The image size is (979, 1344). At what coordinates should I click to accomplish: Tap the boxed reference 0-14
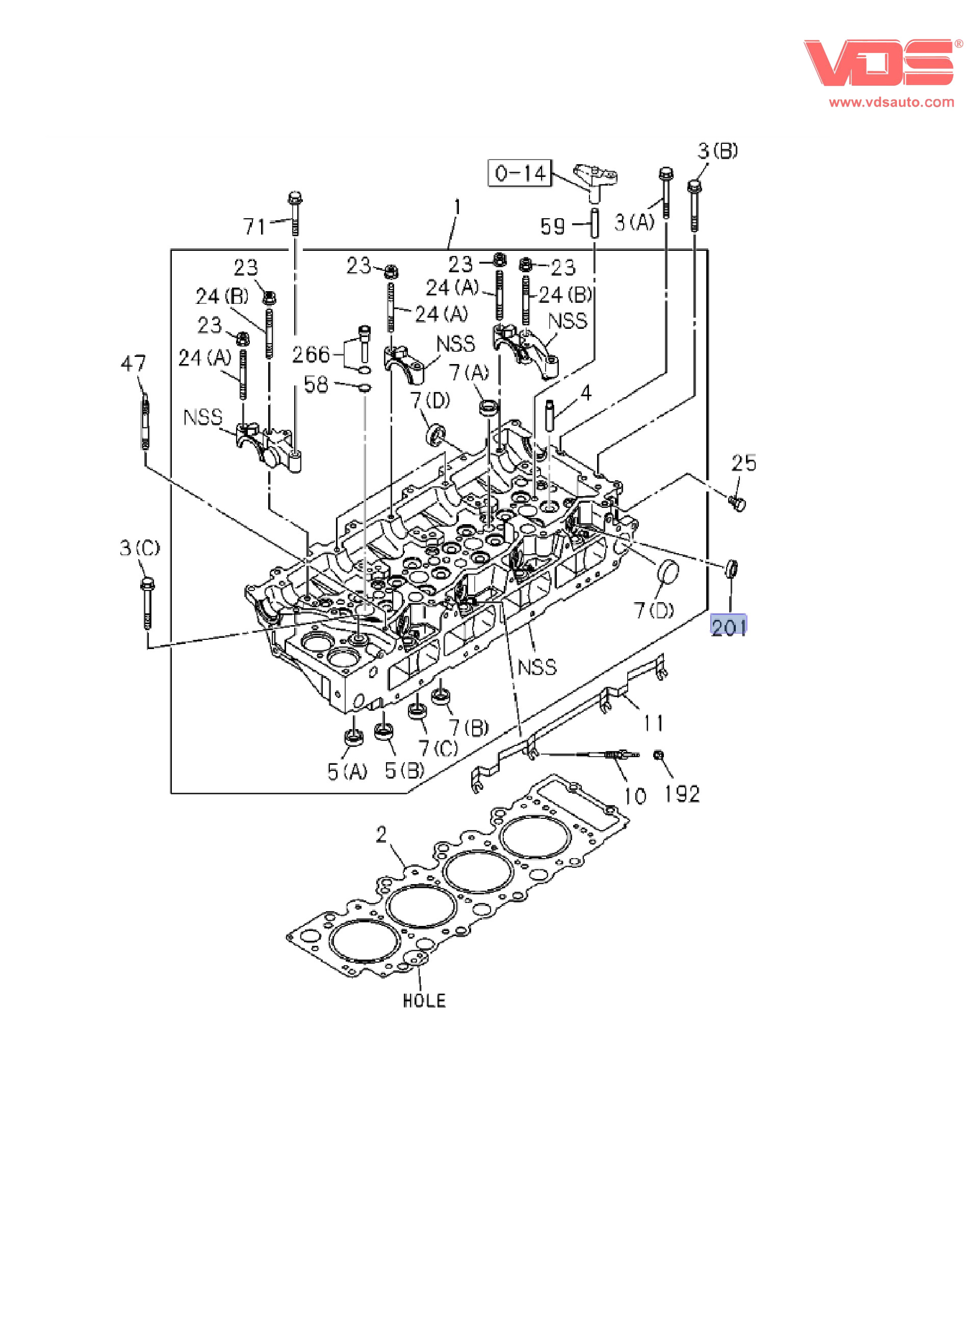pyautogui.click(x=520, y=173)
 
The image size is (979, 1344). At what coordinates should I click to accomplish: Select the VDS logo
pyautogui.click(x=879, y=63)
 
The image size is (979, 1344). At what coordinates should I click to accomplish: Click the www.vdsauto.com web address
pyautogui.click(x=891, y=102)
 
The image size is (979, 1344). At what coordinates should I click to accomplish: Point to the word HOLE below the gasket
pyautogui.click(x=424, y=1000)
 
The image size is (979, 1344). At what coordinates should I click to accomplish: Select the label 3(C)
pyautogui.click(x=140, y=548)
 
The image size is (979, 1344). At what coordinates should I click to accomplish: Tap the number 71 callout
pyautogui.click(x=254, y=226)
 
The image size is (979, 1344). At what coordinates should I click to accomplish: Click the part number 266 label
pyautogui.click(x=311, y=354)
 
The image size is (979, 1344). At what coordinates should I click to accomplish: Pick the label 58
pyautogui.click(x=316, y=384)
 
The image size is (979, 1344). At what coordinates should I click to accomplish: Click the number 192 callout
pyautogui.click(x=682, y=794)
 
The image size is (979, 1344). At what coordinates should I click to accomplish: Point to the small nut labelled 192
pyautogui.click(x=658, y=755)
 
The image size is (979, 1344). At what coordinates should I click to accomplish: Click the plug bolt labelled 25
pyautogui.click(x=738, y=504)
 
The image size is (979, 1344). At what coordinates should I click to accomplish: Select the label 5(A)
pyautogui.click(x=347, y=771)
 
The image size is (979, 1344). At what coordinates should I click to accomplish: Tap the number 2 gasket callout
pyautogui.click(x=381, y=835)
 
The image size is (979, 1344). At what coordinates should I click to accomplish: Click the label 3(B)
pyautogui.click(x=717, y=150)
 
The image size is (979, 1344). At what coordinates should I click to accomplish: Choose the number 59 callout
pyautogui.click(x=552, y=226)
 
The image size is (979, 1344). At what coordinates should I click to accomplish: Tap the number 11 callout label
pyautogui.click(x=654, y=723)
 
